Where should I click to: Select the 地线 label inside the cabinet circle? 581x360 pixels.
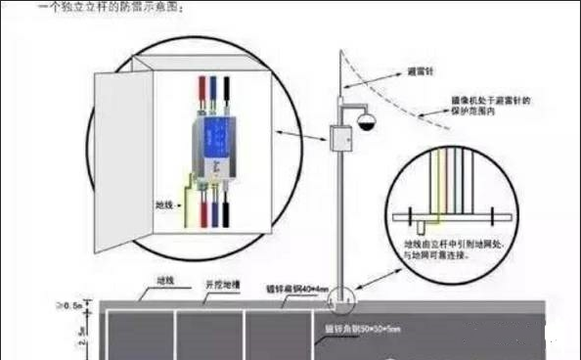167,206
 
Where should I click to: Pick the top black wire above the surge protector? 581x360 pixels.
227,90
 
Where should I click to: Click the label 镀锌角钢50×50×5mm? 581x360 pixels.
369,332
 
